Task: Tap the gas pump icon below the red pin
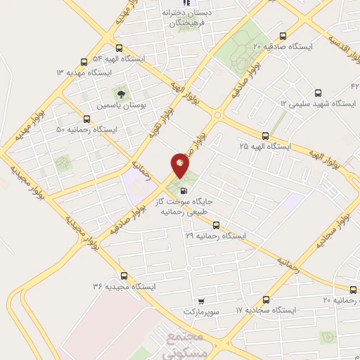(184, 189)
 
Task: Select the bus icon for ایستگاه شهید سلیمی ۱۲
(317, 92)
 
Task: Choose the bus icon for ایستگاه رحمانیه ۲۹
(216, 226)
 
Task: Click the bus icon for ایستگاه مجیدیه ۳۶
(124, 276)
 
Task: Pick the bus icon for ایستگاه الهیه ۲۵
(264, 135)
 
